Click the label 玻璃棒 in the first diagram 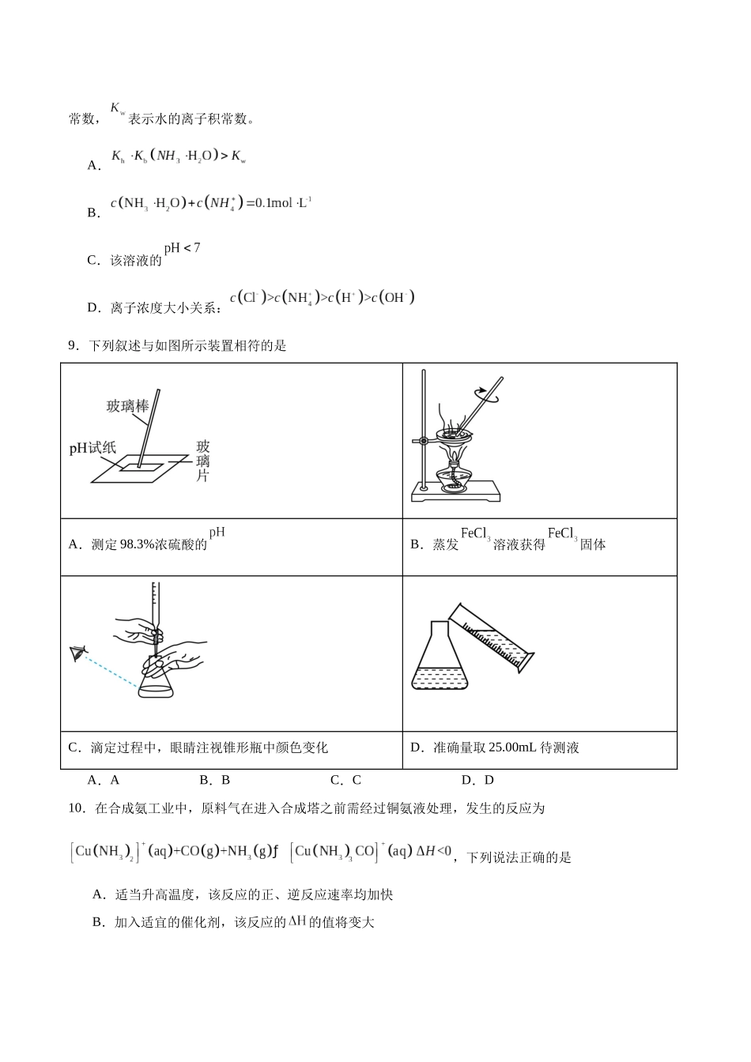[127, 406]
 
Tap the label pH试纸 [92, 448]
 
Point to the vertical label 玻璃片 [202, 461]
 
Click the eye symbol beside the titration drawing [78, 653]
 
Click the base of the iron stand [456, 495]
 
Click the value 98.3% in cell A [138, 544]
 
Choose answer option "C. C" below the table [345, 780]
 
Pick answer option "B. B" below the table [214, 780]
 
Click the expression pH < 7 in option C [182, 248]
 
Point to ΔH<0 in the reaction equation [433, 851]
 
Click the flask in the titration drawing [155, 683]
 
